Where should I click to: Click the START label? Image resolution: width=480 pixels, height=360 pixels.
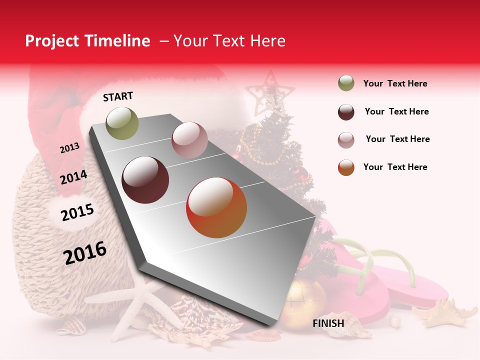[118, 96]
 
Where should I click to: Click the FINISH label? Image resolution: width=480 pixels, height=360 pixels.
[328, 323]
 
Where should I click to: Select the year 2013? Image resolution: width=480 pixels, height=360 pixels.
[69, 148]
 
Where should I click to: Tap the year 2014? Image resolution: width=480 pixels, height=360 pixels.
[73, 177]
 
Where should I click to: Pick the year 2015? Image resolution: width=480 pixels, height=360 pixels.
[77, 212]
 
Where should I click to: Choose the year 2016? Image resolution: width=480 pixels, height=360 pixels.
[85, 252]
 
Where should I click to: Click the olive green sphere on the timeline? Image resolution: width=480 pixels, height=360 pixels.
[122, 123]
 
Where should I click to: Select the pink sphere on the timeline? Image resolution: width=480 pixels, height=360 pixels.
[189, 139]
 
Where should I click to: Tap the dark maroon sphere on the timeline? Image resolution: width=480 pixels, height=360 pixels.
[145, 180]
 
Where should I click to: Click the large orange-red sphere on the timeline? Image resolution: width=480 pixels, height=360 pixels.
[216, 207]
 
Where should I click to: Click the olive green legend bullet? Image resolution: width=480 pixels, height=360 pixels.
[346, 83]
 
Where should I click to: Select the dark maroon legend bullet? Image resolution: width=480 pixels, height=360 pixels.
[346, 112]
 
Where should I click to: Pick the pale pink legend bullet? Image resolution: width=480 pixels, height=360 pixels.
[346, 139]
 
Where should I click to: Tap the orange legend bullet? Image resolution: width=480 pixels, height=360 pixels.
[346, 167]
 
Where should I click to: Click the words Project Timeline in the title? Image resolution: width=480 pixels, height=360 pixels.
[87, 41]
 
